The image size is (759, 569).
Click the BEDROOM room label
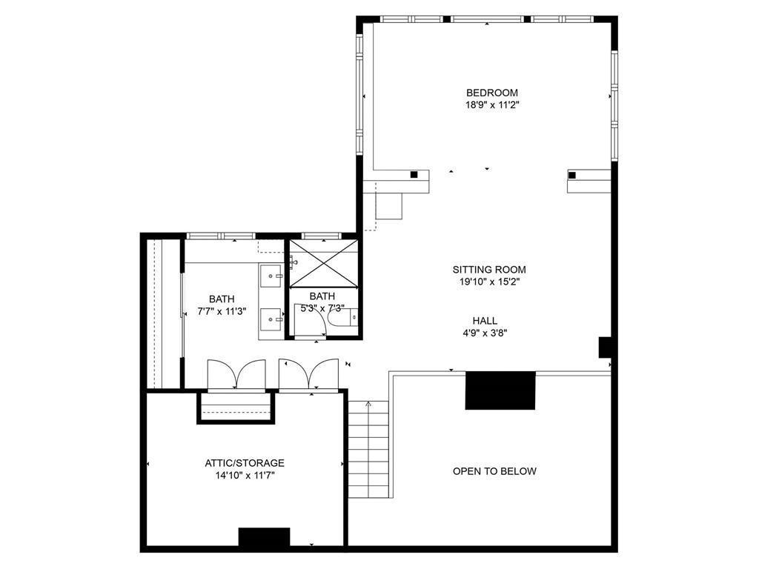coord(492,93)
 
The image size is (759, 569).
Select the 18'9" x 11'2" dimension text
coord(492,105)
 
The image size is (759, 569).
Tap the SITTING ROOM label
coord(489,270)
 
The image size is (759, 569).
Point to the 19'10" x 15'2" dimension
coord(489,282)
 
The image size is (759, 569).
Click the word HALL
coord(485,320)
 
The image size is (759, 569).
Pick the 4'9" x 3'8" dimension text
coord(485,333)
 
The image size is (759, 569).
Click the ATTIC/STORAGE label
coord(245,463)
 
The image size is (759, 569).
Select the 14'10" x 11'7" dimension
coord(245,476)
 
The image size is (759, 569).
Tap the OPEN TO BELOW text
coord(494,471)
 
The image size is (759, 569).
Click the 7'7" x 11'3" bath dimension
coord(222,312)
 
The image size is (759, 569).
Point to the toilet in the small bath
coord(342,317)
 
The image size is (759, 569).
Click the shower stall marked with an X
coord(324,263)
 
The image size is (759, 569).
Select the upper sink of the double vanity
coord(271,276)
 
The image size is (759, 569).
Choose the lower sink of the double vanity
coord(271,320)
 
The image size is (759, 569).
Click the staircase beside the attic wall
coord(368,449)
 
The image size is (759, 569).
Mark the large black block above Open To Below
coord(500,390)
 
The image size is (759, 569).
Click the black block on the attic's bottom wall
coord(265,538)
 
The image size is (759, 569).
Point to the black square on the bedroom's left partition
coord(414,175)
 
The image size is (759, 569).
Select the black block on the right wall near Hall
coord(605,347)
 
